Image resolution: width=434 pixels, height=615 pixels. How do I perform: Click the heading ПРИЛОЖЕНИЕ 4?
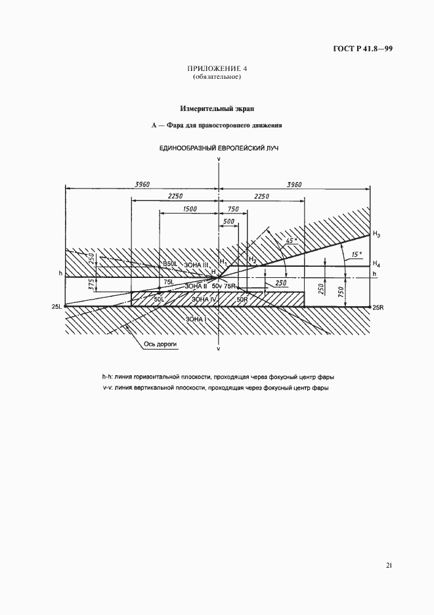tap(217, 68)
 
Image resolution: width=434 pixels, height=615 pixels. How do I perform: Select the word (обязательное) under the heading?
tap(217, 77)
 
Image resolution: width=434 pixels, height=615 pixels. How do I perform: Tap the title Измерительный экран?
tap(217, 108)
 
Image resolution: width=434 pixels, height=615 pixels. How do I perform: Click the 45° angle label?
tap(292, 241)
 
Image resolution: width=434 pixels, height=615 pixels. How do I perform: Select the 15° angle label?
tap(356, 254)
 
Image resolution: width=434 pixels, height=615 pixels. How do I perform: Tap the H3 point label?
tap(376, 235)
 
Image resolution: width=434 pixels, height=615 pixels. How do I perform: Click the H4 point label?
tap(376, 265)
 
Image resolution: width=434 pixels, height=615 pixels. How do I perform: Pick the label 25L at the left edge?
tap(57, 307)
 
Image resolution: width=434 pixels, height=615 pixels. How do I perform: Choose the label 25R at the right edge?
tap(377, 307)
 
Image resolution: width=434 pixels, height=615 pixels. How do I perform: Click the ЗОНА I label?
tap(196, 319)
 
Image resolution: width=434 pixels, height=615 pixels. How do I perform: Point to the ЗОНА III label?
tap(196, 264)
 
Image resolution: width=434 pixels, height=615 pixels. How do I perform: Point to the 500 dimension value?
tap(228, 222)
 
